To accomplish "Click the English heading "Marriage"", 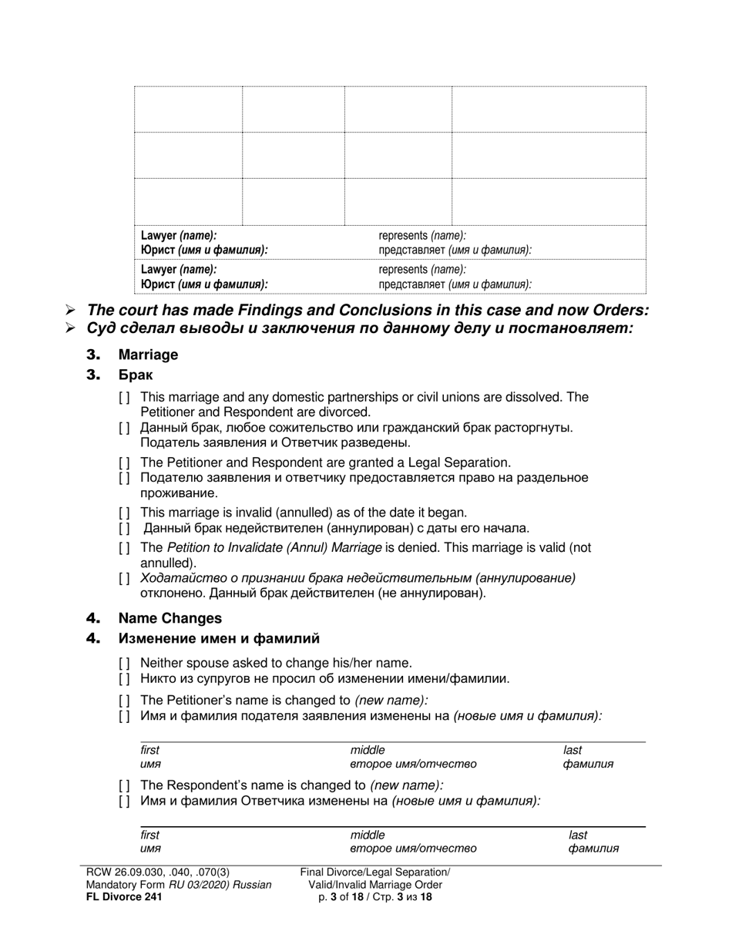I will pos(148,355).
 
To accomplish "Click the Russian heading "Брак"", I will pos(135,375).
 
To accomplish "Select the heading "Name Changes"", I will pos(170,618).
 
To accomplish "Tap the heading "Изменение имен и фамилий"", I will pos(218,638).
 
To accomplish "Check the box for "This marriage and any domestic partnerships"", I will pos(124,398).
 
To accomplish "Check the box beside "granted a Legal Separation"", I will pos(124,462).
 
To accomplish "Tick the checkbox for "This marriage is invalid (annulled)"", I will pos(124,513).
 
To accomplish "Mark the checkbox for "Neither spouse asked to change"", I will pos(124,663).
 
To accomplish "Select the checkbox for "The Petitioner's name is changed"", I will pos(124,701).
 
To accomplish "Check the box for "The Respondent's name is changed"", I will pos(124,785).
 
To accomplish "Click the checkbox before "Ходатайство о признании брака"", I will pos(124,578).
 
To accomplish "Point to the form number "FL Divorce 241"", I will pos(124,896).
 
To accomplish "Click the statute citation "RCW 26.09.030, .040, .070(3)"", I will pos(158,872).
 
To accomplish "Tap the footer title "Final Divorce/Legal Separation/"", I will pos(375,872).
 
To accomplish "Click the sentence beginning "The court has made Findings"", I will pos(368,310).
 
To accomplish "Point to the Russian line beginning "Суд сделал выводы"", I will pos(360,328).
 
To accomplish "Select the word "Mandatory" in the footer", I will pos(113,884).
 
